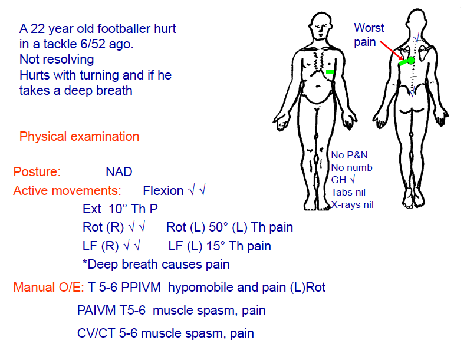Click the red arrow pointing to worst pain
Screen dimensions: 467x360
coord(390,48)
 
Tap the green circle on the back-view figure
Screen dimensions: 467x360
coord(411,60)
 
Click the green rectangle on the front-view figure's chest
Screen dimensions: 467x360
coord(330,71)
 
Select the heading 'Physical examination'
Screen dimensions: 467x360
coord(80,137)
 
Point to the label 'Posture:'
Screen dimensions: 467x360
coord(37,172)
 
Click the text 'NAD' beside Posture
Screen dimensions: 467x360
coord(119,172)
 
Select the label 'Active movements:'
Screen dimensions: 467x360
coord(67,191)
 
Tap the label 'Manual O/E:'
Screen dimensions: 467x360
coord(49,288)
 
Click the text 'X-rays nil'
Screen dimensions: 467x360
coord(353,205)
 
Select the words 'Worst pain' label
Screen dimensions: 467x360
coord(369,35)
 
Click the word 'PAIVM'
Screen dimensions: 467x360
coord(96,311)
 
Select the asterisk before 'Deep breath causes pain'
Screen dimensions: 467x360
coord(85,265)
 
